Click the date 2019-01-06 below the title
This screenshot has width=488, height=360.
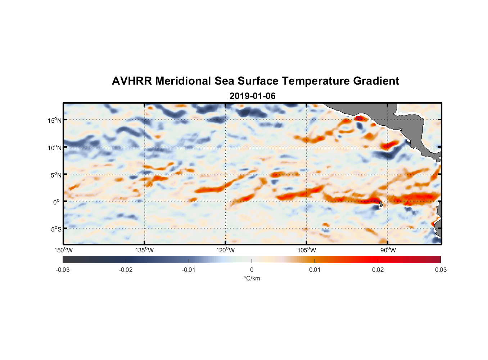252,96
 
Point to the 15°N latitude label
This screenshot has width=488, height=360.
55,120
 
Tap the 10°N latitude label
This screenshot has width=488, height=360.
55,148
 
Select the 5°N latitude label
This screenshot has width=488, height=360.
55,175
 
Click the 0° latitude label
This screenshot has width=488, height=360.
57,202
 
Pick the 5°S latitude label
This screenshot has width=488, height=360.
55,229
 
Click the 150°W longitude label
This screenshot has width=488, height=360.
63,250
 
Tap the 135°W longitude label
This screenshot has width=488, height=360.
144,250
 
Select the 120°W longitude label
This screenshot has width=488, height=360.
225,250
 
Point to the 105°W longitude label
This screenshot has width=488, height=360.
307,250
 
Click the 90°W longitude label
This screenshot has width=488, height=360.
388,250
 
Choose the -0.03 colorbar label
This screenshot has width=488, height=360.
63,270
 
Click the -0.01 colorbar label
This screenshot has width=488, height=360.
189,270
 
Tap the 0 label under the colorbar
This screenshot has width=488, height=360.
252,270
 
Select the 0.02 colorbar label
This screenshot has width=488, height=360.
378,270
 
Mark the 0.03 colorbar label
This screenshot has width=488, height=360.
440,270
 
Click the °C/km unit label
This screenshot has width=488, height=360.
252,278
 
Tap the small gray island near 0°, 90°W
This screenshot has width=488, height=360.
381,204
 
